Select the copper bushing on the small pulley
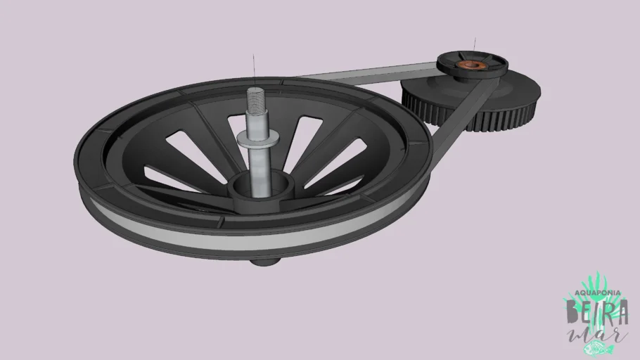point(470,67)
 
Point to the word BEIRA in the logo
point(596,309)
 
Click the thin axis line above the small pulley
point(475,46)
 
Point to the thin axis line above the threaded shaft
point(251,69)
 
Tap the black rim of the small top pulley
point(492,71)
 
